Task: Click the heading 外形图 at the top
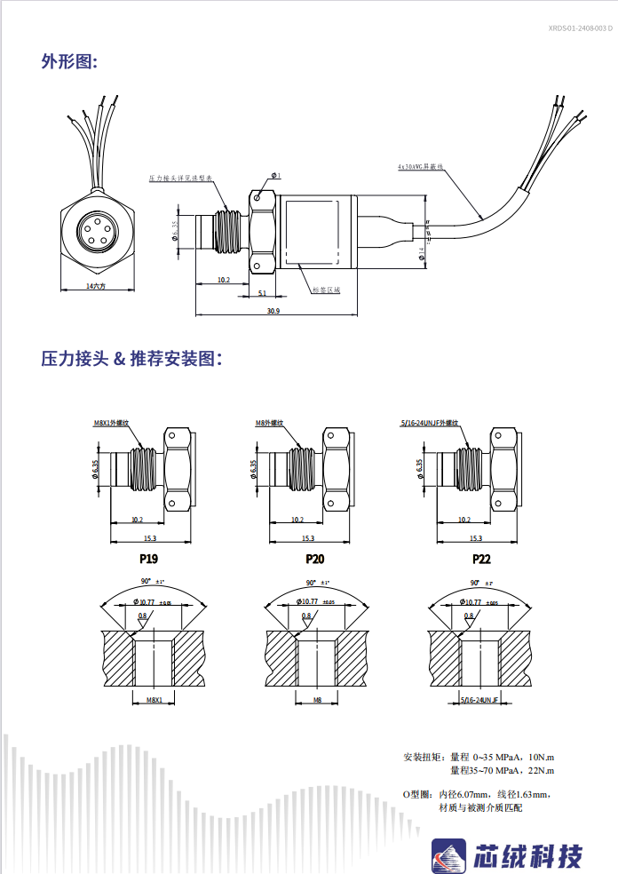68,60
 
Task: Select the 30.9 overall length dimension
273,311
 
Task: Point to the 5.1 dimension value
262,292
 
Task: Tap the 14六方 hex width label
96,287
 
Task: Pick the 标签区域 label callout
327,290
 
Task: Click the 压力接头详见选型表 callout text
180,178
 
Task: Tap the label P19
148,560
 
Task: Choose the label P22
481,560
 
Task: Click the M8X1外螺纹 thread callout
111,423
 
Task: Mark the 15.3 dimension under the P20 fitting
307,538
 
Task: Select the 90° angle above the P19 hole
146,582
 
